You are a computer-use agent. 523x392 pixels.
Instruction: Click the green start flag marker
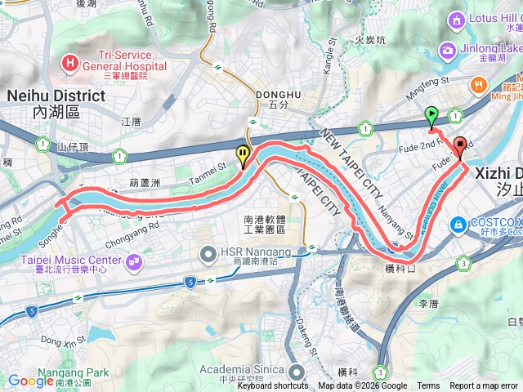[x=431, y=116]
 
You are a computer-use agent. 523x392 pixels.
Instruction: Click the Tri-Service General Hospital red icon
[x=72, y=62]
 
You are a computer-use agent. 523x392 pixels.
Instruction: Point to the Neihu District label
[x=56, y=96]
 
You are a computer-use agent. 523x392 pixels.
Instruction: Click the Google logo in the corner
[x=31, y=381]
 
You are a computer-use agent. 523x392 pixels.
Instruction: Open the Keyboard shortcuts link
[x=273, y=386]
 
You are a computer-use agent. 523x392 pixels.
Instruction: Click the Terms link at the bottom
[x=428, y=386]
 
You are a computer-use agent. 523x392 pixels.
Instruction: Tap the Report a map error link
[x=485, y=386]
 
